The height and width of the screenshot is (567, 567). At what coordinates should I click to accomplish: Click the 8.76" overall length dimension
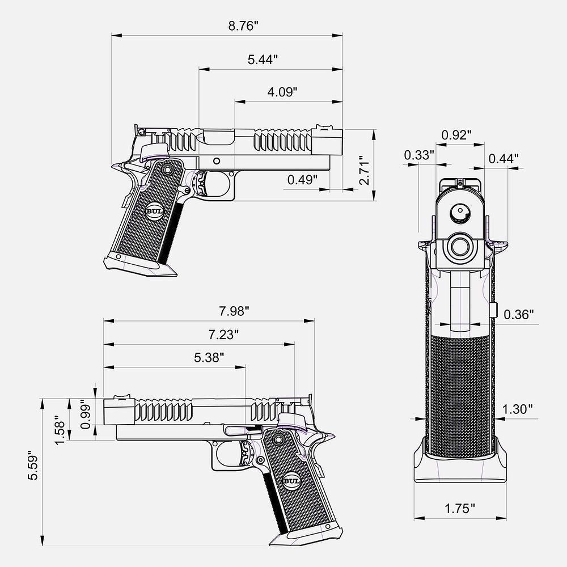click(243, 26)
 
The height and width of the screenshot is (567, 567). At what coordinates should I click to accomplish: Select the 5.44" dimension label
click(263, 60)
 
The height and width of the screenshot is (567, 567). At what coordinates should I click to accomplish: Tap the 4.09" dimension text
click(282, 92)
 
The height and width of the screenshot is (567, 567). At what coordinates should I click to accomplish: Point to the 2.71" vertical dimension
click(364, 170)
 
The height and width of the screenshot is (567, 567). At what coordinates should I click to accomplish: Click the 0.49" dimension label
click(302, 179)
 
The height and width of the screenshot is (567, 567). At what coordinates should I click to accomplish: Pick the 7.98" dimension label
click(234, 311)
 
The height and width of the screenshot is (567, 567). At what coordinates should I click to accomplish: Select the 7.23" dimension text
click(223, 335)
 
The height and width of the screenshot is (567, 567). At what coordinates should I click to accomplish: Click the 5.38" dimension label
click(209, 358)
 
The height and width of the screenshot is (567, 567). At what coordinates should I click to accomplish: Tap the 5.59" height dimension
click(33, 466)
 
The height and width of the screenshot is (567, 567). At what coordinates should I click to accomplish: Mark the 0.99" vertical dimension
click(86, 414)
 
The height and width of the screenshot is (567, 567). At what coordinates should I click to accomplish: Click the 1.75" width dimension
click(460, 509)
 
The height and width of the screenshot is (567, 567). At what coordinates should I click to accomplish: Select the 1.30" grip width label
click(518, 409)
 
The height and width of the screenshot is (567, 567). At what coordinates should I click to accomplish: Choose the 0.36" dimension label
click(519, 315)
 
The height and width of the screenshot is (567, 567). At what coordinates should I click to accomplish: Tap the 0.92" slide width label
click(456, 136)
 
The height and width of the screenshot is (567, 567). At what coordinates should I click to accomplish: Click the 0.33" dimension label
click(419, 155)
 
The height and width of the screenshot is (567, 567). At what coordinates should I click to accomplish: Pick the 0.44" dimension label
click(503, 158)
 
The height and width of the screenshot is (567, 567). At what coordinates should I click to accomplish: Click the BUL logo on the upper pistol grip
click(154, 211)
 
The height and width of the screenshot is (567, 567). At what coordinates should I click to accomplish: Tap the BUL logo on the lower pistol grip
click(291, 481)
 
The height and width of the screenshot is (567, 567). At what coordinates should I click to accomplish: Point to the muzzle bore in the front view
click(460, 247)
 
